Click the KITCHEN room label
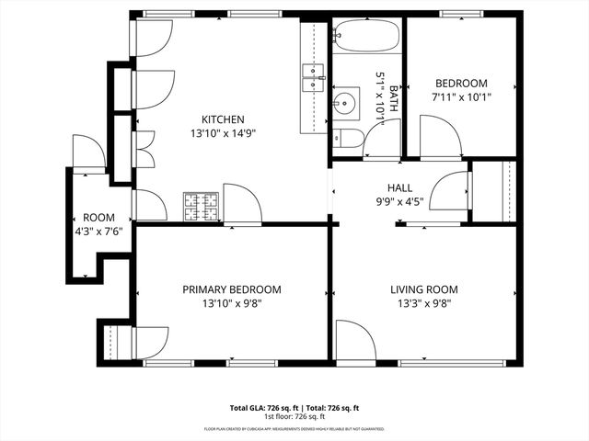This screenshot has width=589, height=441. [223, 119]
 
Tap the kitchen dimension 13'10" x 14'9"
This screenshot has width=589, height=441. [223, 133]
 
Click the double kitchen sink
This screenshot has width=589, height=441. [313, 77]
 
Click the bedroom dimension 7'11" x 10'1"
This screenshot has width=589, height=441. [461, 96]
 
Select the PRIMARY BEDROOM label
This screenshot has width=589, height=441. [232, 289]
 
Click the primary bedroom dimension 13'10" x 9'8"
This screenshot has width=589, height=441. [232, 303]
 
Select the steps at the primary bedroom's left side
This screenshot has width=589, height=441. [115, 343]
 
